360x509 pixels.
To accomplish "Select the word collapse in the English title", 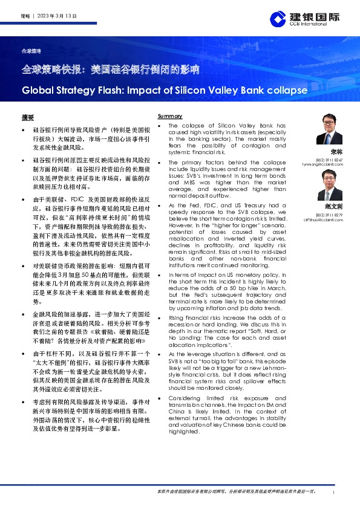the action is click(x=286, y=91).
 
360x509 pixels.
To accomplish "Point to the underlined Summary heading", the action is click(x=170, y=115).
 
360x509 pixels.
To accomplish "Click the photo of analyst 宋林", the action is click(x=329, y=130).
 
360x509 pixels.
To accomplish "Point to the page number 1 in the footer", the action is click(x=334, y=493).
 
